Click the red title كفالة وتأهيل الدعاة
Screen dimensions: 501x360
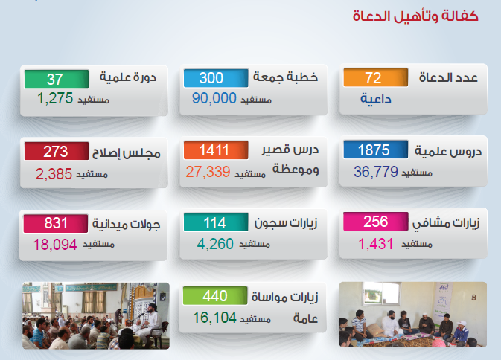pos(415,16)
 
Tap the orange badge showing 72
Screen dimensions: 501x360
pos(376,77)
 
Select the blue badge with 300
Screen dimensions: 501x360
pos(216,78)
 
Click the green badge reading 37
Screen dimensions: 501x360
pos(57,79)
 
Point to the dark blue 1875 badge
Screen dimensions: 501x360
pos(376,150)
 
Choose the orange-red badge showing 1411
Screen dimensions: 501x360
pos(216,150)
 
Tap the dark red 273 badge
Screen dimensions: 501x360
pos(57,151)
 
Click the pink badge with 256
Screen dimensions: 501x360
pos(376,222)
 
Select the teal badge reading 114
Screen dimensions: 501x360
pos(216,222)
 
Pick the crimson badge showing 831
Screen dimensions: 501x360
pos(56,223)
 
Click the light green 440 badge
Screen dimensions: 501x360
pos(215,295)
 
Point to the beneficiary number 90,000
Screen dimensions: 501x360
pos(214,98)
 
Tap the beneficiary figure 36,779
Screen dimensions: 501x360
pos(376,172)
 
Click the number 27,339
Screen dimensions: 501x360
pos(208,172)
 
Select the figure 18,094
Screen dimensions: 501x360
pos(55,245)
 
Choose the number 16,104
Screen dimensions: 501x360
pos(214,318)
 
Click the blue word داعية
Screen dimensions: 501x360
pos(376,99)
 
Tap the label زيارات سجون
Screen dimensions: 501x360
pos(286,222)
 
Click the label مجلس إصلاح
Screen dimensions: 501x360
pos(127,153)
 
